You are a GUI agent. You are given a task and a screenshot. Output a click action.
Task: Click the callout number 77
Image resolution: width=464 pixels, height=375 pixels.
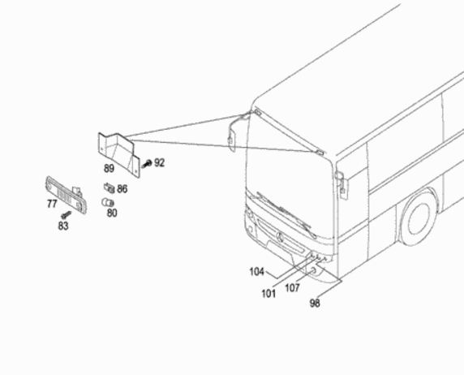(x=52, y=204)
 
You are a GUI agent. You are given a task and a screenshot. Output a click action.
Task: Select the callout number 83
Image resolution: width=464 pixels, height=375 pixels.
(x=63, y=226)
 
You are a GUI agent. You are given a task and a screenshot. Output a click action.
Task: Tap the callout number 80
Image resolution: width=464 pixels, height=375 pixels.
(x=112, y=213)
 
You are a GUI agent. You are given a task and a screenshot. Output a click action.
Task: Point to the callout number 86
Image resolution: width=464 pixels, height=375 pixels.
(x=122, y=188)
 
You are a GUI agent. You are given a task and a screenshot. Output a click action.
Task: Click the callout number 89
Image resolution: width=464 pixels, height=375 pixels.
(x=109, y=169)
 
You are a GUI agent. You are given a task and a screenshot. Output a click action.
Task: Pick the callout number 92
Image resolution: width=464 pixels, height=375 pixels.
(x=159, y=162)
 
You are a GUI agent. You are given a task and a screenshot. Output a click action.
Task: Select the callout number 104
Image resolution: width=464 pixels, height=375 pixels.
(x=256, y=272)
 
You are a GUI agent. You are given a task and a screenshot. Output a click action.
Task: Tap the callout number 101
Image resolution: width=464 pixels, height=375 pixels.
(x=269, y=294)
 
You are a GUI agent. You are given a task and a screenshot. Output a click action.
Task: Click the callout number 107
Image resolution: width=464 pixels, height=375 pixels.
(x=292, y=287)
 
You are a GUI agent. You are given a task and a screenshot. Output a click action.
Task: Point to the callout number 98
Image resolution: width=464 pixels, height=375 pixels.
(x=315, y=303)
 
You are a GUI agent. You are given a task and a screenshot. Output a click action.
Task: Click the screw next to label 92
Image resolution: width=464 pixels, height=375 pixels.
(x=147, y=163)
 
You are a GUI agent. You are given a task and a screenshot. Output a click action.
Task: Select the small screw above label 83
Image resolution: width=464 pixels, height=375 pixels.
(x=66, y=214)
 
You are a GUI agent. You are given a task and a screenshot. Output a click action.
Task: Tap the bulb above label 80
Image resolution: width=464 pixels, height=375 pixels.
(x=108, y=202)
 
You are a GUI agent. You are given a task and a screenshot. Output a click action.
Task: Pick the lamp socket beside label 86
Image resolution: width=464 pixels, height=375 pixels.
(x=109, y=187)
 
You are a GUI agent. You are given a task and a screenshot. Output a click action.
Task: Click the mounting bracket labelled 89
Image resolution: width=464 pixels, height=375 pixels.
(x=119, y=154)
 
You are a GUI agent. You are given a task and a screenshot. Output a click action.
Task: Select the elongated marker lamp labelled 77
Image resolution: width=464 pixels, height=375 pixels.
(x=66, y=195)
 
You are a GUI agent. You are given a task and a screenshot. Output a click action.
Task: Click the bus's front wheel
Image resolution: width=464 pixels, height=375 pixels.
(x=419, y=218)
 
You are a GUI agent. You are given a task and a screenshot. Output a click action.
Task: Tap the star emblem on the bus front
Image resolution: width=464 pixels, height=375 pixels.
(x=280, y=237)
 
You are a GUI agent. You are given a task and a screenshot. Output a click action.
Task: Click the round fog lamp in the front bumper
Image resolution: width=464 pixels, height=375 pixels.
(x=312, y=270)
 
